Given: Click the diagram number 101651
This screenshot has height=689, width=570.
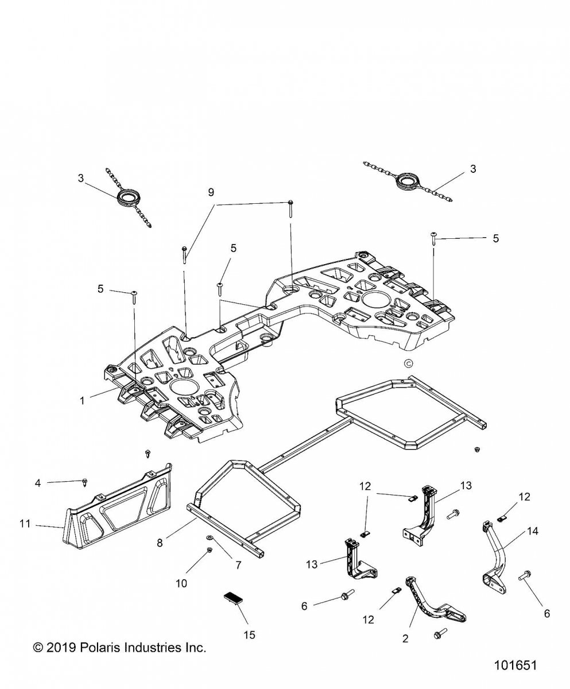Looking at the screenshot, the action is tap(515, 665).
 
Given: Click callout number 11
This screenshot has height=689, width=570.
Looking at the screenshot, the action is tap(25, 524).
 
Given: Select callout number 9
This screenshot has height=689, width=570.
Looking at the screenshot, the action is tap(211, 192).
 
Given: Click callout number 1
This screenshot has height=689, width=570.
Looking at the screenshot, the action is tap(82, 401).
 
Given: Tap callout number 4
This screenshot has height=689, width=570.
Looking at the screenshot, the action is tap(38, 483).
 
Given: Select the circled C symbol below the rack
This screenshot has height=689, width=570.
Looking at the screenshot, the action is tap(408, 363).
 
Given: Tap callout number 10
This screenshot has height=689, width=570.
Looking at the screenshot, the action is tap(181, 583).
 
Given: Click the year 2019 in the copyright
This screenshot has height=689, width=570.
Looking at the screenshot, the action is tap(61, 638).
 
